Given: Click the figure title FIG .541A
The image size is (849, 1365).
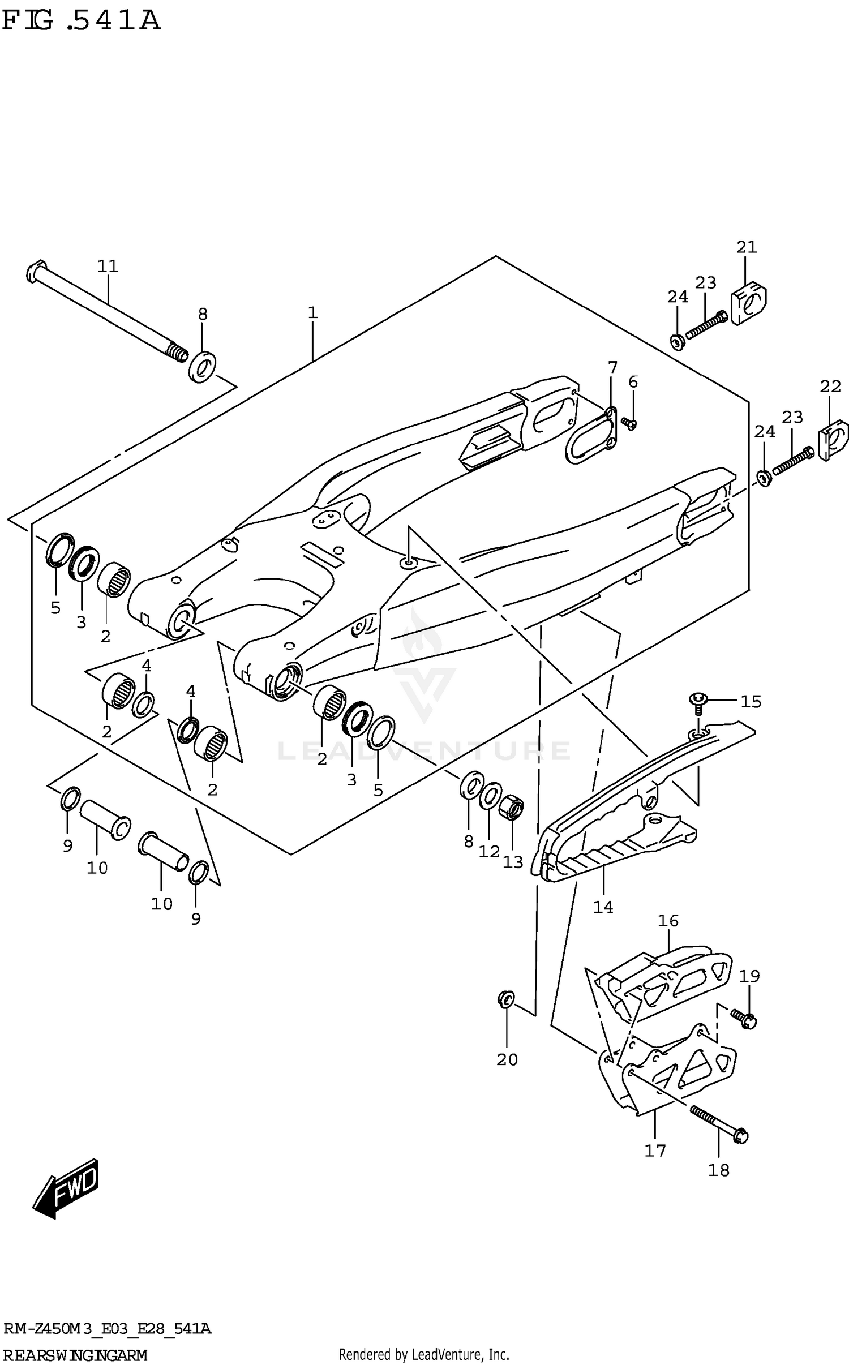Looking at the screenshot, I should coord(81,21).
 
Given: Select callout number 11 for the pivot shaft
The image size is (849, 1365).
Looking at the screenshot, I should coord(108,265).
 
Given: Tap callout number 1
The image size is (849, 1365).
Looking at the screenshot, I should coord(312,312).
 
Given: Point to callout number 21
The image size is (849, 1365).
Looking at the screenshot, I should coord(747,247).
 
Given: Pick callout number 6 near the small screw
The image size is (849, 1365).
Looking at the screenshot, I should coord(633,382).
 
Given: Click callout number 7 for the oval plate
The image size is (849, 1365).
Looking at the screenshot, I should coord(612,367).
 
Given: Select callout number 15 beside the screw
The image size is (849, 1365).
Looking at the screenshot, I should coord(751,702).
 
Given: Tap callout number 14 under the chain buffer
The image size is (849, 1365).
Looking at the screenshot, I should coord(603,907).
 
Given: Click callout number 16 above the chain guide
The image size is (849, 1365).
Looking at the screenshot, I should coord(668,921).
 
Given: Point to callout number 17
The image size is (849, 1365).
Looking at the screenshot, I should coord(655,1151).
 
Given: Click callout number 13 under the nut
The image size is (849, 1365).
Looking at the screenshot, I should coord(513,862).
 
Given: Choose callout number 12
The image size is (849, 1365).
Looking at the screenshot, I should coord(489,851).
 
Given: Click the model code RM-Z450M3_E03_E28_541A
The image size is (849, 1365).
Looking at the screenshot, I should coord(107,1325).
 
